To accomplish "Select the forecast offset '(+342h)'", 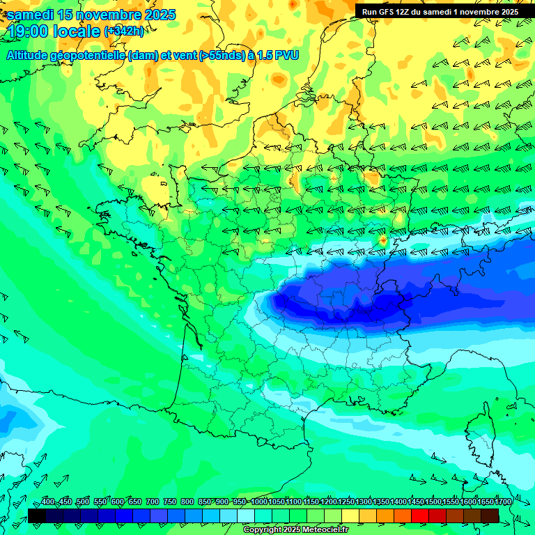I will click(124, 31).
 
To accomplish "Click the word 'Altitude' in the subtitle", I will click(31, 56).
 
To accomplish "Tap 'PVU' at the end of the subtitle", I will click(286, 56).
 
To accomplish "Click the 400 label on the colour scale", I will click(47, 502).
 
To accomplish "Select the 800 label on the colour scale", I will click(187, 502).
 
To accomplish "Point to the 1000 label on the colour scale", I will click(258, 502).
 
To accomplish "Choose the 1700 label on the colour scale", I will click(502, 502).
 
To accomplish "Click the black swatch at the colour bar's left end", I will click(37, 515).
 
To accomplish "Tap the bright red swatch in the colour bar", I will click(420, 515).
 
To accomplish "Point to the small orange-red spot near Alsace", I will click(382, 240).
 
